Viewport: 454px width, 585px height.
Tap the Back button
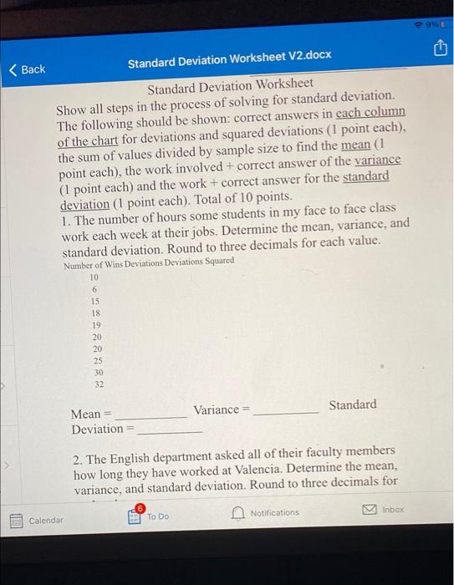[x=27, y=69]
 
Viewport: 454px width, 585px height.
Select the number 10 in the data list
[x=94, y=277]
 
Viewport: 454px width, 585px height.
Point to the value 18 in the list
[x=94, y=313]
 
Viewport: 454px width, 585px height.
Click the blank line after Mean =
[x=151, y=415]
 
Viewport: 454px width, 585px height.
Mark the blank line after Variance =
[x=285, y=410]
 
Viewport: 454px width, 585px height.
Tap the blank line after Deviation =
[x=170, y=430]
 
